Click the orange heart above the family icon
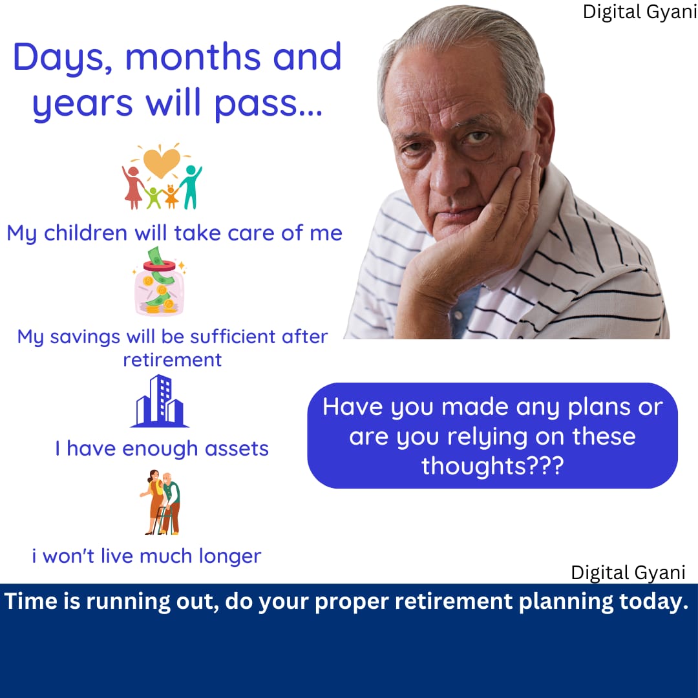click(x=162, y=162)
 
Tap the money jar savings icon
click(x=160, y=281)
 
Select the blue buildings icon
click(x=160, y=401)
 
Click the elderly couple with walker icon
click(x=160, y=502)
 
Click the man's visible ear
click(x=544, y=129)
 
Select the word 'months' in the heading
click(x=193, y=57)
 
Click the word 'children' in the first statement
click(x=85, y=233)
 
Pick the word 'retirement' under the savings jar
click(x=173, y=360)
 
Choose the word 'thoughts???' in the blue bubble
click(x=492, y=466)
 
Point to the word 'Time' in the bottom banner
click(x=31, y=601)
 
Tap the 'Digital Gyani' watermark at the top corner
click(x=640, y=12)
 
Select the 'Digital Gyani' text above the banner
click(x=628, y=573)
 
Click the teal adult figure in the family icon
click(x=191, y=187)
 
